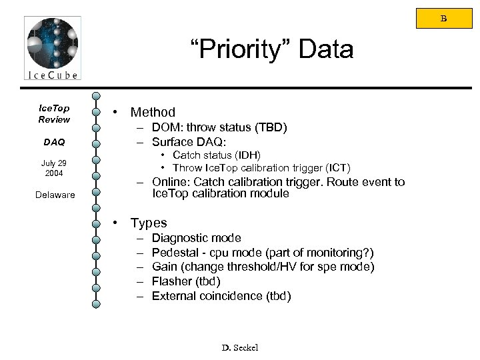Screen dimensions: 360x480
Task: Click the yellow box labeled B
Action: click(443, 19)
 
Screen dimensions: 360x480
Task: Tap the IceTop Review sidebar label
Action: click(53, 113)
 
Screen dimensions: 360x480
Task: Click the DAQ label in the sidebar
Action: click(53, 142)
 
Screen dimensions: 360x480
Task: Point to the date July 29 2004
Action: click(53, 167)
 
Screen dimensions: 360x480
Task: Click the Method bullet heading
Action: click(153, 112)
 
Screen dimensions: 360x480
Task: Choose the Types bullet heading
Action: click(149, 223)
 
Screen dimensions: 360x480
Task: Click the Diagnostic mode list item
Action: click(197, 238)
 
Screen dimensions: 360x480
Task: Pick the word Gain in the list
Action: click(164, 267)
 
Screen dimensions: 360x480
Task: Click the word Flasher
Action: click(172, 281)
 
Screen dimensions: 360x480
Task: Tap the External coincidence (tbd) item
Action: click(221, 296)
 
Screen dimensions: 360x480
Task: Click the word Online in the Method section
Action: click(170, 183)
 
